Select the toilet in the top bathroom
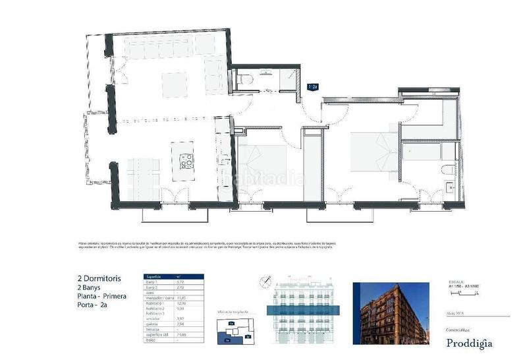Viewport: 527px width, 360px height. click(246, 79)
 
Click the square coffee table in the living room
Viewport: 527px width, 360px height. click(174, 84)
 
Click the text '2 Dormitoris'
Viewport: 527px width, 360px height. click(95, 279)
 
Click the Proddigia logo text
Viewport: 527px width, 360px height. click(468, 342)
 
